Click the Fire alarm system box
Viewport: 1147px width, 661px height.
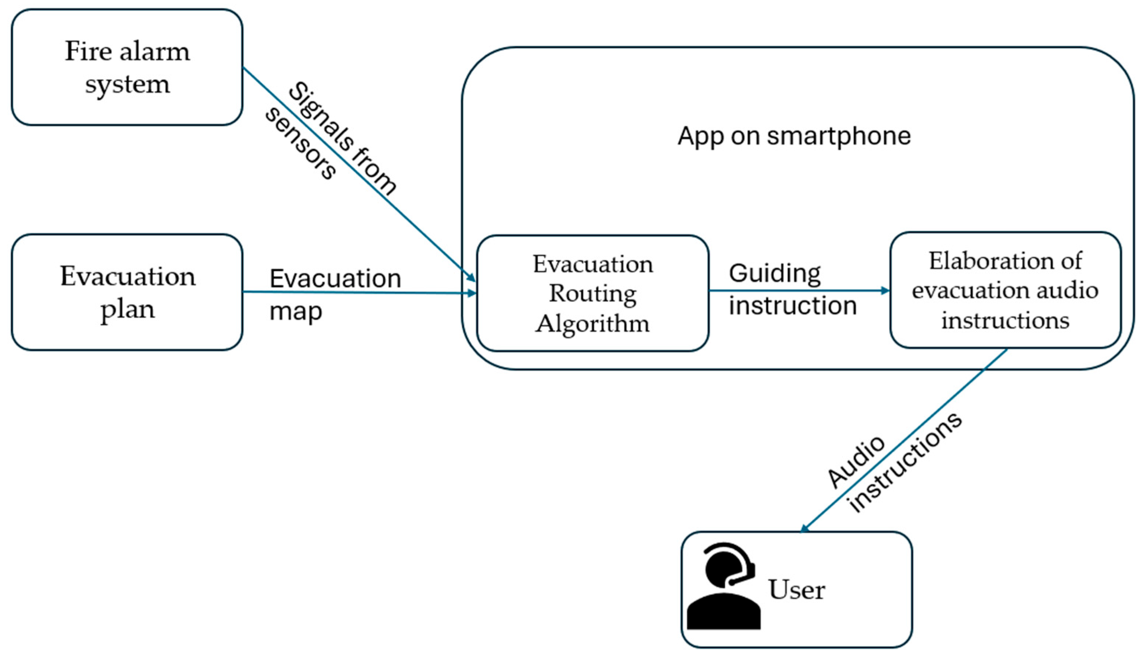(127, 67)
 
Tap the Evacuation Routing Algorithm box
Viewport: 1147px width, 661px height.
(592, 293)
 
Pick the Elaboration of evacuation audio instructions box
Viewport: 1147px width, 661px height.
(1005, 291)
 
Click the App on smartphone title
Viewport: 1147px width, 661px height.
(794, 136)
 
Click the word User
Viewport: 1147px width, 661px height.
(796, 590)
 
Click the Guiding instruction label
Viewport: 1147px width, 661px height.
(792, 289)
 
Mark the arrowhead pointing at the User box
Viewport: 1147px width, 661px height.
(804, 528)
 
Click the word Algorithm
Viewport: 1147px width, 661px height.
(592, 324)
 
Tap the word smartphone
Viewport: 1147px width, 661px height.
(838, 136)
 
